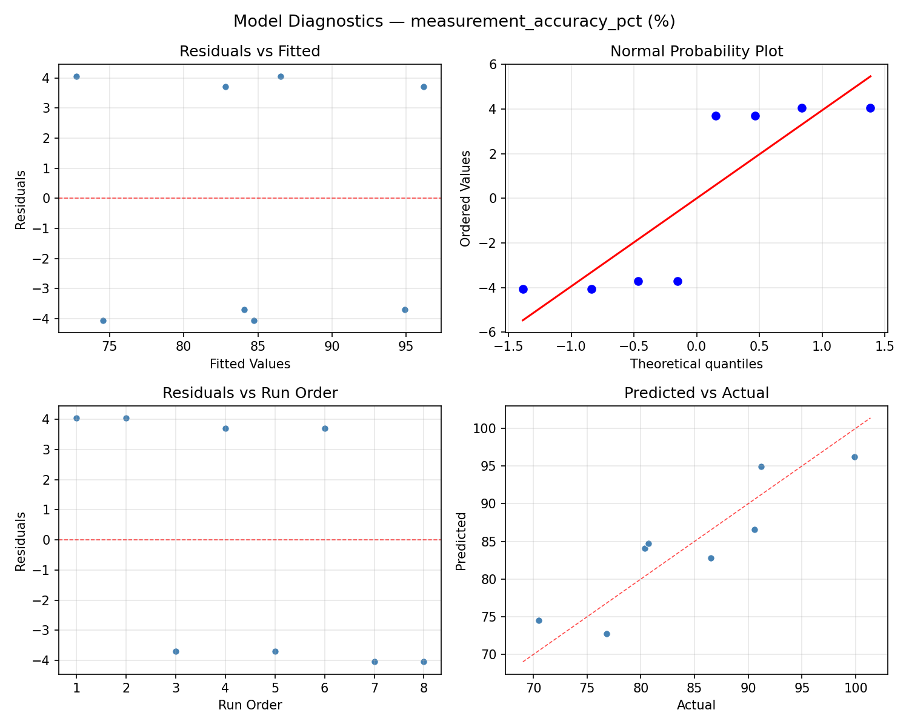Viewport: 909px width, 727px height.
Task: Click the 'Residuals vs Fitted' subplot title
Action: tap(250, 51)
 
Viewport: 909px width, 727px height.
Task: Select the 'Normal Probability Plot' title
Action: tap(696, 51)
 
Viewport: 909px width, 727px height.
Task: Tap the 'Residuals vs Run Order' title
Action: tap(250, 393)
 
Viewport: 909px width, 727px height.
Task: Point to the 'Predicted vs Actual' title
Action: tap(696, 393)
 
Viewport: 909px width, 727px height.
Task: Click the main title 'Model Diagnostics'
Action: tap(454, 22)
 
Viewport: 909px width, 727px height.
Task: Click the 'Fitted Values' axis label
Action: tap(250, 364)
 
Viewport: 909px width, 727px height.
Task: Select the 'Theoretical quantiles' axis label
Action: tap(696, 364)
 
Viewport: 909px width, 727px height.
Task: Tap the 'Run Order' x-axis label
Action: tap(250, 705)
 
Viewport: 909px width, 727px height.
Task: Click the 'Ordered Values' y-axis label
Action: tap(465, 198)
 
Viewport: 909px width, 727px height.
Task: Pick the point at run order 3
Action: tap(176, 651)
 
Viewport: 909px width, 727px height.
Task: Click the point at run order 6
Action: tap(325, 428)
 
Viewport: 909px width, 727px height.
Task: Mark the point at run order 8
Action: tap(424, 662)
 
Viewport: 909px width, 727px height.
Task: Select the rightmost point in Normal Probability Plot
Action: tap(870, 108)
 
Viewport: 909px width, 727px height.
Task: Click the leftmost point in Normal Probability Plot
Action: tap(523, 289)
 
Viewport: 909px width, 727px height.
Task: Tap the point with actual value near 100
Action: tap(854, 457)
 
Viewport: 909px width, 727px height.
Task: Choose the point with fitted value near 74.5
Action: tap(103, 320)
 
